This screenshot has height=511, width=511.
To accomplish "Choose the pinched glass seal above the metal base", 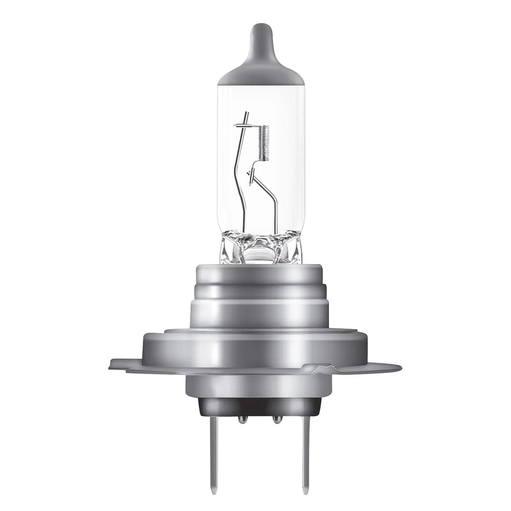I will pos(255,247).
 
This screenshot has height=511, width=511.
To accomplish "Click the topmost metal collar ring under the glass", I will pos(255,273).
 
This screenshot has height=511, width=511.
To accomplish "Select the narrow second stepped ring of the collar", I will pos(255,292).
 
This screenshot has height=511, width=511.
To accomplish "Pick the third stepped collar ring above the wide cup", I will pos(255,311).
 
